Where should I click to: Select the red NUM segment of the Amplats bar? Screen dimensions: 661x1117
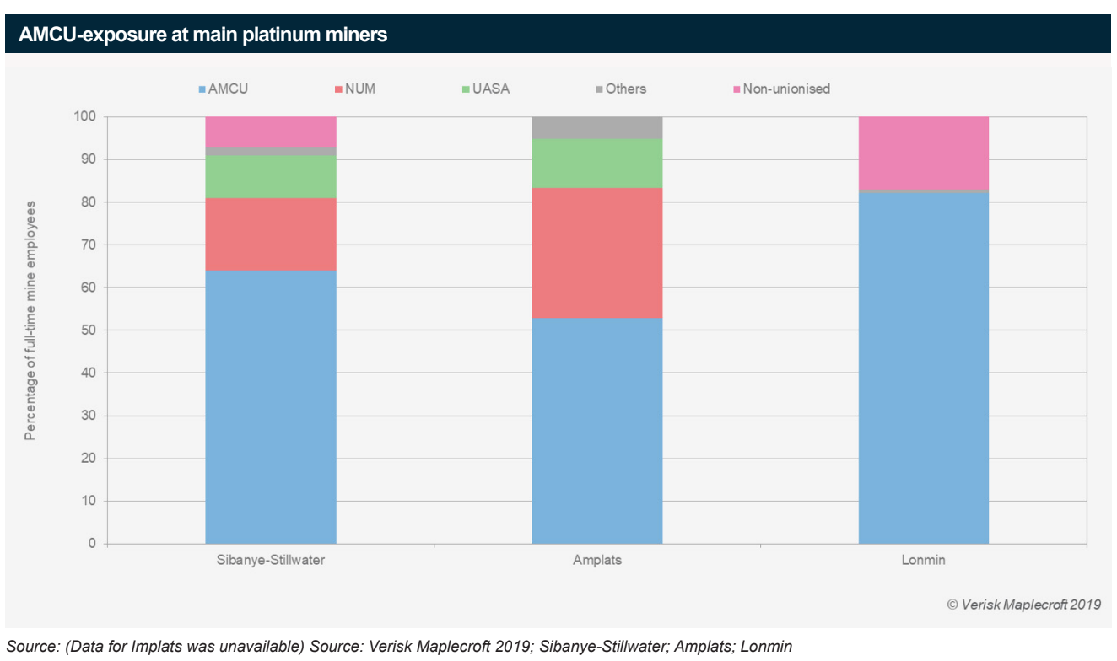click(x=596, y=253)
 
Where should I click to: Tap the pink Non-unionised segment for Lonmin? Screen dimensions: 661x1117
click(x=923, y=153)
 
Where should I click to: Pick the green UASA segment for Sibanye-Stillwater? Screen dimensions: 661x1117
click(x=271, y=176)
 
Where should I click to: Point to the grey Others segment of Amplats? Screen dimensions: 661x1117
click(x=596, y=127)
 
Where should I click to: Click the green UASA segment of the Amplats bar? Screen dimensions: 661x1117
click(x=596, y=163)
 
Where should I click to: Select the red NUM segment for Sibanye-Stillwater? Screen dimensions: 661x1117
click(x=271, y=234)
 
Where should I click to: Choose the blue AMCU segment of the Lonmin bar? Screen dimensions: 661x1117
click(x=923, y=368)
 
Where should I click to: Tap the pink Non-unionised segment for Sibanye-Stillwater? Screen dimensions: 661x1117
click(x=271, y=131)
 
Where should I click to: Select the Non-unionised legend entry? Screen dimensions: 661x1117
click(x=780, y=89)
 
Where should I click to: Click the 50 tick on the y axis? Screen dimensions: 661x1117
click(x=89, y=330)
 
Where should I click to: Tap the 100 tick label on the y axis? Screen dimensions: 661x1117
click(x=85, y=116)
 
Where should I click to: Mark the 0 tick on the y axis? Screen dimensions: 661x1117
click(x=92, y=544)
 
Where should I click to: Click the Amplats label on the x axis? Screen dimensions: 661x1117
click(x=596, y=560)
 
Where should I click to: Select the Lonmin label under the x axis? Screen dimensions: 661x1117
click(x=923, y=560)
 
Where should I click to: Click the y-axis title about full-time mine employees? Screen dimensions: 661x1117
click(x=30, y=320)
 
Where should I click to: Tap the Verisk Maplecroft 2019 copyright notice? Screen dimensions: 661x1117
click(x=1023, y=604)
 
